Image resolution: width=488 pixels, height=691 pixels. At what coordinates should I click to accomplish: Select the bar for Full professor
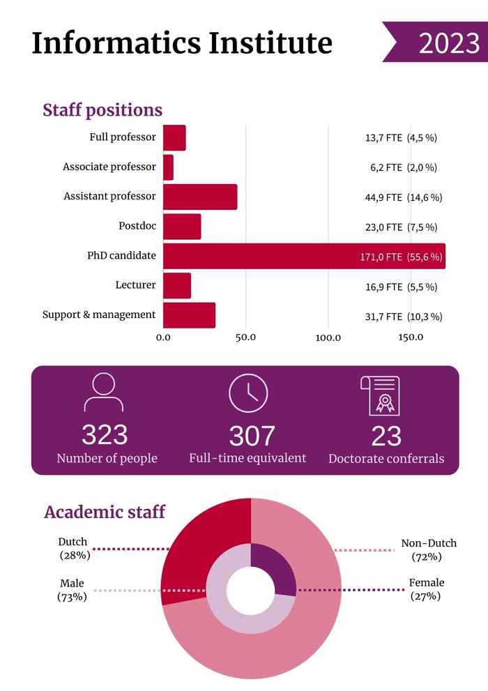coord(174,138)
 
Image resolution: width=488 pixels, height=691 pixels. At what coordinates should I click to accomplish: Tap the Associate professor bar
coord(168,167)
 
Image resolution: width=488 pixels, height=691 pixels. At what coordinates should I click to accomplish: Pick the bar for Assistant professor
coord(200,197)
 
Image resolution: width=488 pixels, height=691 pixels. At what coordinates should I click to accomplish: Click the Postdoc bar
coord(182,227)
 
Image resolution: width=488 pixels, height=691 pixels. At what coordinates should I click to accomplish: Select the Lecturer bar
coord(177,286)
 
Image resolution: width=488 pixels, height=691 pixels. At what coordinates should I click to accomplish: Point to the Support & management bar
coord(189,316)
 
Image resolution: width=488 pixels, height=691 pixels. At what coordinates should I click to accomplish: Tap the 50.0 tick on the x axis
coord(245,337)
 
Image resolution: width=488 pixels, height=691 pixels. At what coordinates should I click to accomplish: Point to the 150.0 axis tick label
coord(411,337)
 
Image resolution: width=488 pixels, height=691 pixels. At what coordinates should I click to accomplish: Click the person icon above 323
coord(104,393)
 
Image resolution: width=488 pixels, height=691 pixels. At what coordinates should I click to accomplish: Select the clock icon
coord(248,393)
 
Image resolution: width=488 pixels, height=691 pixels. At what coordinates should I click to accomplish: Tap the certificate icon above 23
coord(380,395)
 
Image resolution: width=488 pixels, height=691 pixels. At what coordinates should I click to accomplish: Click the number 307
coord(252,436)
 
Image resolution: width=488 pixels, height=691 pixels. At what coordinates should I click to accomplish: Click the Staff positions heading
coord(102,110)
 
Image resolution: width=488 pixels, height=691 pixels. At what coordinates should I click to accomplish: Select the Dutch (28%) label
coord(73,549)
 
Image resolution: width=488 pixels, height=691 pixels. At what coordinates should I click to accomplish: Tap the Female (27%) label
coord(426,589)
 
